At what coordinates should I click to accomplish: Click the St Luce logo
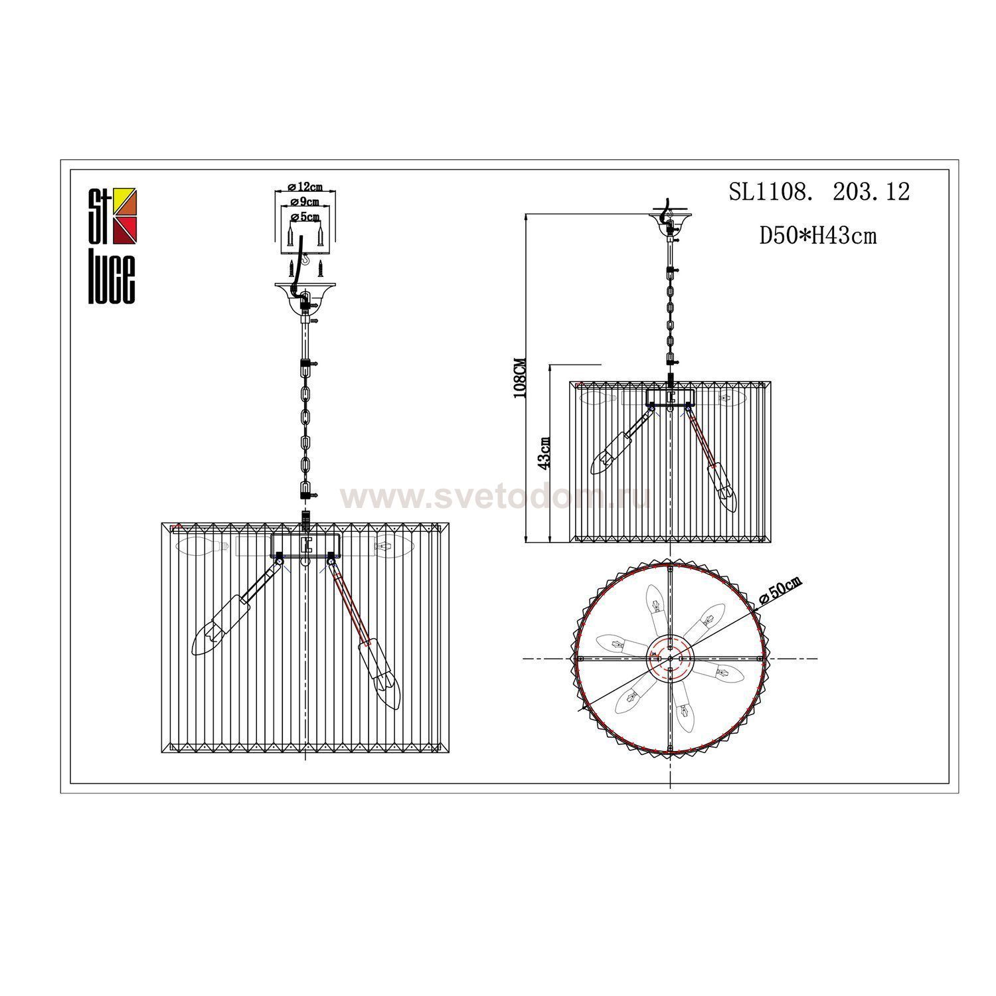pyautogui.click(x=113, y=246)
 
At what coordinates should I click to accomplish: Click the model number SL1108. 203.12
pyautogui.click(x=819, y=192)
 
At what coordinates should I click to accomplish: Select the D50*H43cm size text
pyautogui.click(x=818, y=235)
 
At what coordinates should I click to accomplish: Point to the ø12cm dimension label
pyautogui.click(x=306, y=187)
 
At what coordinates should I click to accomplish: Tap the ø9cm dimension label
pyautogui.click(x=306, y=201)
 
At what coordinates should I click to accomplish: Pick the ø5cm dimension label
pyautogui.click(x=306, y=216)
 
